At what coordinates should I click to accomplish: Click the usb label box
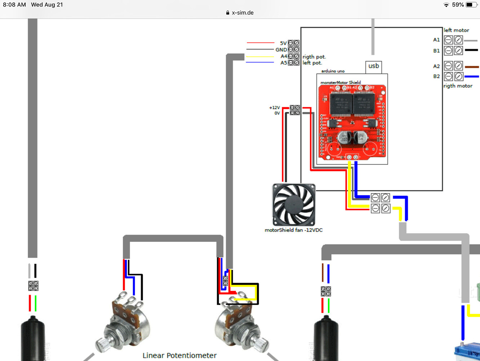(374, 66)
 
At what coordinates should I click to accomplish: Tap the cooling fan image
(294, 205)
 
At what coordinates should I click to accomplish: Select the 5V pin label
(283, 43)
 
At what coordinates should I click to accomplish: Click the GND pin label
(281, 50)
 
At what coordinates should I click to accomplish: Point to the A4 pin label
(284, 56)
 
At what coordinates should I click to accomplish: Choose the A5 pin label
(284, 63)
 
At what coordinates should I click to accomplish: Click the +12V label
(274, 108)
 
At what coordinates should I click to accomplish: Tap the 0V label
(277, 113)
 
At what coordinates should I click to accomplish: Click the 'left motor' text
(456, 30)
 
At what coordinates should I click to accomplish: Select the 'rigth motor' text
(458, 86)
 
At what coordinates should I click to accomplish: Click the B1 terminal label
(436, 51)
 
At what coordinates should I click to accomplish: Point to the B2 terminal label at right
(436, 77)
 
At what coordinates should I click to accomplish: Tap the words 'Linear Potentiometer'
(179, 356)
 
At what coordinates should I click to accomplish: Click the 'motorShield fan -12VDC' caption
(293, 230)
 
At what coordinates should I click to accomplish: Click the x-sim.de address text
(243, 13)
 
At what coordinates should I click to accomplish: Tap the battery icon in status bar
(471, 5)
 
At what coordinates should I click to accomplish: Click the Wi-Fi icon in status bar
(446, 5)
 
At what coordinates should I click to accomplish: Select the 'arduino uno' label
(333, 71)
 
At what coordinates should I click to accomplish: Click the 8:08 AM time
(14, 5)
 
